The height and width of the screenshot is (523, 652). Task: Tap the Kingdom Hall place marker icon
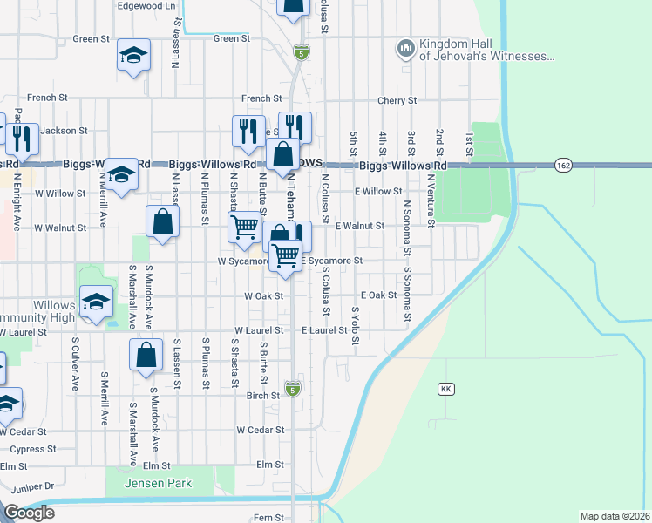click(x=405, y=49)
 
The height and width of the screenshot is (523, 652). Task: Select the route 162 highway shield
click(x=562, y=165)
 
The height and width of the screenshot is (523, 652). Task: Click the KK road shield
click(x=447, y=388)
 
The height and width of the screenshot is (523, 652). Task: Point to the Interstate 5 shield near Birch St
click(x=292, y=388)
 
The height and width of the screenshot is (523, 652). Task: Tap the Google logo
click(x=29, y=513)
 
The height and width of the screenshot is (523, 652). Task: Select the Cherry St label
click(x=395, y=101)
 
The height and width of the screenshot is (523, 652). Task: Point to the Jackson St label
click(x=64, y=131)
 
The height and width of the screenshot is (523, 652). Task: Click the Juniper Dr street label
click(x=27, y=486)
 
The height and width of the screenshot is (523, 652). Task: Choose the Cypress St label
click(x=33, y=449)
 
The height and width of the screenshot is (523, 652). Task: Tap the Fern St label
click(x=268, y=518)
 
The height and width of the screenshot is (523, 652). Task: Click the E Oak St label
click(x=377, y=295)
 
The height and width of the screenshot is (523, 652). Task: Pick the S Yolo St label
click(x=355, y=324)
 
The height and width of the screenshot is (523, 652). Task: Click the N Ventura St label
click(x=431, y=200)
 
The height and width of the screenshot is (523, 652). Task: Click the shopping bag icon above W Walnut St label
click(x=163, y=221)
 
